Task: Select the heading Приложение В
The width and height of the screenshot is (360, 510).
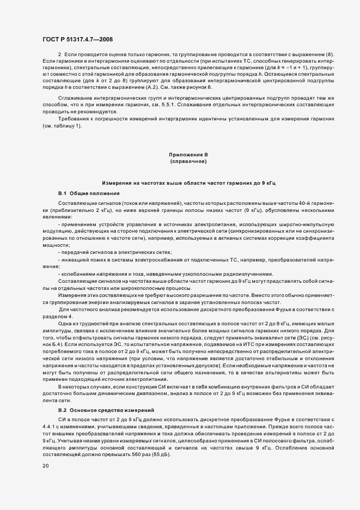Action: point(188,155)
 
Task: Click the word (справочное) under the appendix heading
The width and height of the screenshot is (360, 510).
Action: point(188,162)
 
